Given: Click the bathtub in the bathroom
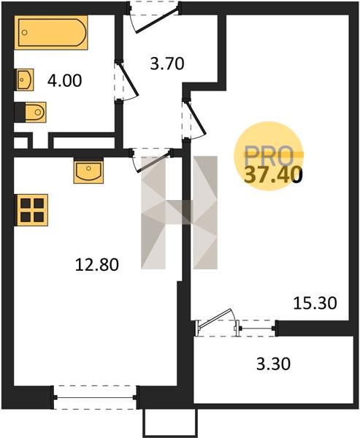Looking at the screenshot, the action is pyautogui.click(x=51, y=32).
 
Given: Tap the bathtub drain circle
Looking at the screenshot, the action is pyautogui.click(x=25, y=33).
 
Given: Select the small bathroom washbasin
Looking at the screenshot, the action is pyautogui.click(x=24, y=80).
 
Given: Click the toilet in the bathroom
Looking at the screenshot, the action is pyautogui.click(x=31, y=112).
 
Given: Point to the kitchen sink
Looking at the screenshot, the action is pyautogui.click(x=88, y=171).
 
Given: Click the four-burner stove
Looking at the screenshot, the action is pyautogui.click(x=31, y=210).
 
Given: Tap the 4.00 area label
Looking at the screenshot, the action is pyautogui.click(x=64, y=81).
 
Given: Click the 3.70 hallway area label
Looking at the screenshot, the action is pyautogui.click(x=167, y=64).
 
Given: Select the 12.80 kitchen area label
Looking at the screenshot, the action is pyautogui.click(x=97, y=265).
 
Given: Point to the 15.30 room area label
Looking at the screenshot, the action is pyautogui.click(x=315, y=304).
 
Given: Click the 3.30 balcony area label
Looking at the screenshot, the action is pyautogui.click(x=273, y=364).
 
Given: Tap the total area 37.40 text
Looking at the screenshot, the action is pyautogui.click(x=273, y=175).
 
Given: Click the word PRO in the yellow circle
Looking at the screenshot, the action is pyautogui.click(x=269, y=155).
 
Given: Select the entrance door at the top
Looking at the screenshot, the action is pyautogui.click(x=154, y=18).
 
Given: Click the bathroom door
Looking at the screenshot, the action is pyautogui.click(x=126, y=80).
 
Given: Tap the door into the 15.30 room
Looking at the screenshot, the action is pyautogui.click(x=194, y=119).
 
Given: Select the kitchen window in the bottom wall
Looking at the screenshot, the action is pyautogui.click(x=95, y=398).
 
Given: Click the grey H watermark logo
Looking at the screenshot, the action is pyautogui.click(x=179, y=212).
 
